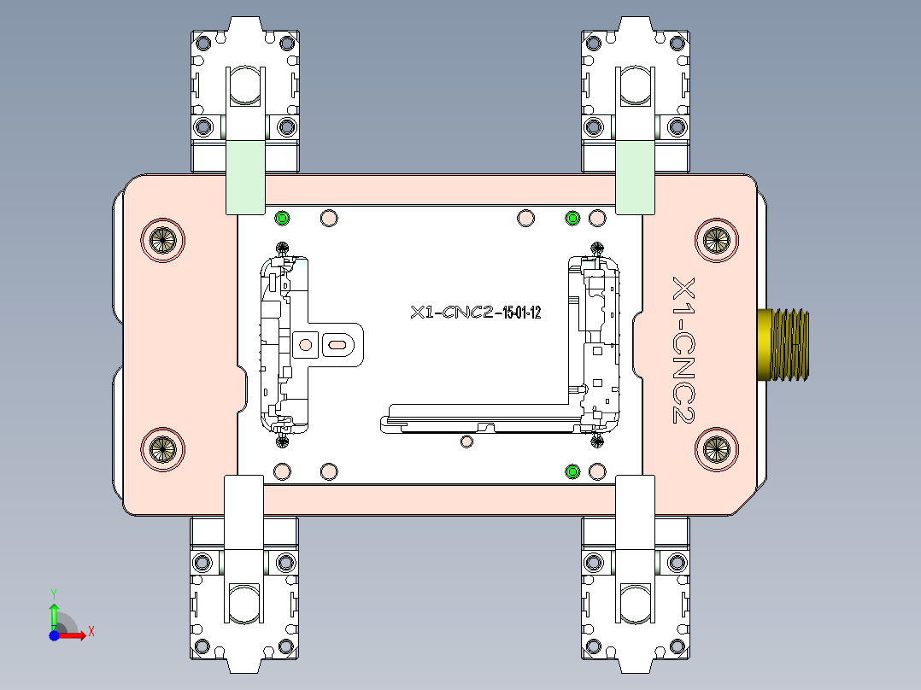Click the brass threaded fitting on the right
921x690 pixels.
784,342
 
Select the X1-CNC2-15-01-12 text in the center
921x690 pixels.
475,313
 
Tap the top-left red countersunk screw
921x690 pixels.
162,240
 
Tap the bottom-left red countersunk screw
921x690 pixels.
162,447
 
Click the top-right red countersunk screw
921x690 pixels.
716,240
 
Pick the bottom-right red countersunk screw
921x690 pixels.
716,447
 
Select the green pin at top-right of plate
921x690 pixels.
573,219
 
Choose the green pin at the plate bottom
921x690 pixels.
573,471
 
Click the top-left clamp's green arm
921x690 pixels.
244,177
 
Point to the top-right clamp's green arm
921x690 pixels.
635,177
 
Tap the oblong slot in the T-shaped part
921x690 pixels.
337,345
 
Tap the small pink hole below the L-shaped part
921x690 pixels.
466,441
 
